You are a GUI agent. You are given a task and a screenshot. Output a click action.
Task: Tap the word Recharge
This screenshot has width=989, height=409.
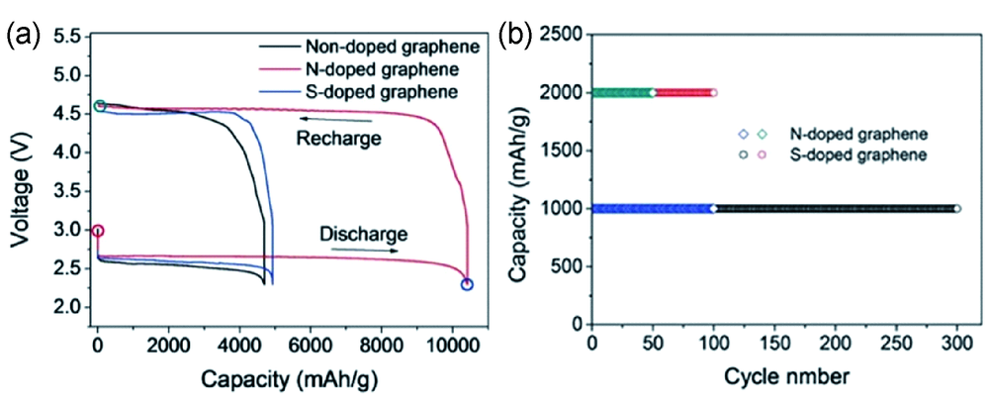[x=339, y=139]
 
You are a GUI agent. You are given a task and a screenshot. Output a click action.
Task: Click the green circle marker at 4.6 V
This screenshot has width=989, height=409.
[x=99, y=106]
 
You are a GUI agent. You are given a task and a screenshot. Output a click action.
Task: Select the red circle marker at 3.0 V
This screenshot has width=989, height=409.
[x=97, y=231]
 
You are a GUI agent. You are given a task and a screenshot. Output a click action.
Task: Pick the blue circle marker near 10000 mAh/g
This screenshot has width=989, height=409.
[x=467, y=285]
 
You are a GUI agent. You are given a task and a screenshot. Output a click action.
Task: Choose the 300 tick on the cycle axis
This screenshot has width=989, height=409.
[x=957, y=342]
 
